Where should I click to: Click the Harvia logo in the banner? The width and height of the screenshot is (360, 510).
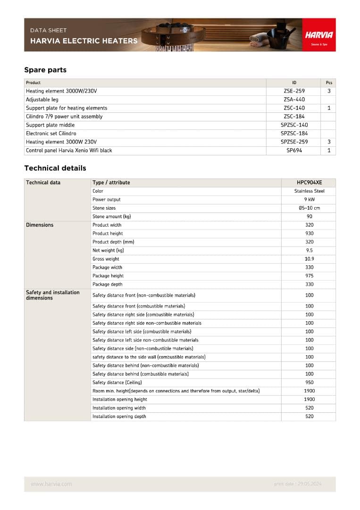pos(319,35)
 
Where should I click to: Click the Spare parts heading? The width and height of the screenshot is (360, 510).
pos(45,70)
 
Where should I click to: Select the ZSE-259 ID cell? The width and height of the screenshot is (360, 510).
pos(294,91)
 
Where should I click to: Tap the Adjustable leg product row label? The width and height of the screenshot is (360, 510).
pos(42,100)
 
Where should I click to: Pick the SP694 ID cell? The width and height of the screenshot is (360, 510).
pos(294,151)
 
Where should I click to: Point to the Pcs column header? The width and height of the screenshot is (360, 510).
pos(329,83)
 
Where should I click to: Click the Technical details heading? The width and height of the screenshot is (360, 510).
pos(55,168)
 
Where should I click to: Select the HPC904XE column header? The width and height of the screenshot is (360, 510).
pos(309,183)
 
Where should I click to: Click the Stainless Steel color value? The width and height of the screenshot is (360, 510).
pos(309,191)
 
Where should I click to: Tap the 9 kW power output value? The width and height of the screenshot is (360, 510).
pos(309,200)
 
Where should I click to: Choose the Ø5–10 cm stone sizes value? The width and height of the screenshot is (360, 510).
pos(309,208)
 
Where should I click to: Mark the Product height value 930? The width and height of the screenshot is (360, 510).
pos(309,234)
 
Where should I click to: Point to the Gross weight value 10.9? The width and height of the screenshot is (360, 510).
pos(309,259)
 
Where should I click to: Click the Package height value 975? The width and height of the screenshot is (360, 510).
pos(309,276)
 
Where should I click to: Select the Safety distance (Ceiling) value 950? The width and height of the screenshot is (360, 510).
pos(309,382)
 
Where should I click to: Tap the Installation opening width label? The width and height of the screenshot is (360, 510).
pos(119,408)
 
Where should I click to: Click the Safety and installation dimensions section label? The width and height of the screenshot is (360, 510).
pos(52,295)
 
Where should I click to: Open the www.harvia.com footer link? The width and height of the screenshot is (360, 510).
pos(51,484)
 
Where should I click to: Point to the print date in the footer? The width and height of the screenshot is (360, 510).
pos(297,484)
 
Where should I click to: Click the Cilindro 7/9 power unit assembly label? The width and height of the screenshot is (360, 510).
pos(64,117)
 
